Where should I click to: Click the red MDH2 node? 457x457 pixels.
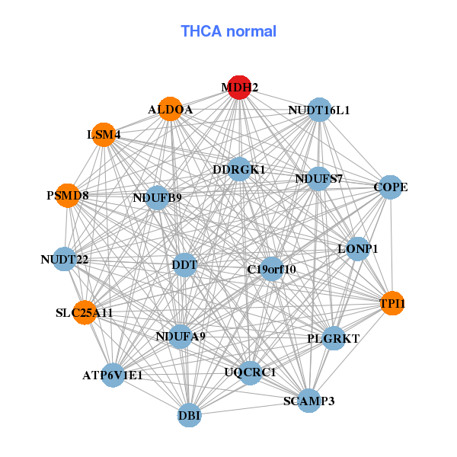click(x=240, y=87)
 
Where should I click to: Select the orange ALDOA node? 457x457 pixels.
click(x=171, y=110)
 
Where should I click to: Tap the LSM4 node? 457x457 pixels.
click(x=104, y=136)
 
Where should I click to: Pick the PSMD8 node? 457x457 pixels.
click(x=68, y=196)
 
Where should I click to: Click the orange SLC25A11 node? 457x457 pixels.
click(x=85, y=312)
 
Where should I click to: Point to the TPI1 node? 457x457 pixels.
click(x=392, y=304)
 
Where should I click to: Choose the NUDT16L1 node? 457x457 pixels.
click(x=319, y=110)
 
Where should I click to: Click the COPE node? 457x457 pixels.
click(x=390, y=187)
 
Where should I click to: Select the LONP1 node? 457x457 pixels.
click(x=358, y=249)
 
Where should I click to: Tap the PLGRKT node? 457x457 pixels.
click(x=334, y=337)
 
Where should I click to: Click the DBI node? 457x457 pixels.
click(x=190, y=415)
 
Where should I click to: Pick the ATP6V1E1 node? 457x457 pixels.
click(x=113, y=375)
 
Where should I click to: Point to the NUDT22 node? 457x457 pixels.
click(x=65, y=260)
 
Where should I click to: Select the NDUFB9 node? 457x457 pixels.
click(x=157, y=198)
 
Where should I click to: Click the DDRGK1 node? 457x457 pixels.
click(x=239, y=169)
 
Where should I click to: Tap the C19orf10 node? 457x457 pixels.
click(x=272, y=269)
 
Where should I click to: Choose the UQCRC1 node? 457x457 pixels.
click(x=250, y=372)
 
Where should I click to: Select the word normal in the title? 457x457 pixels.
click(x=253, y=31)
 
